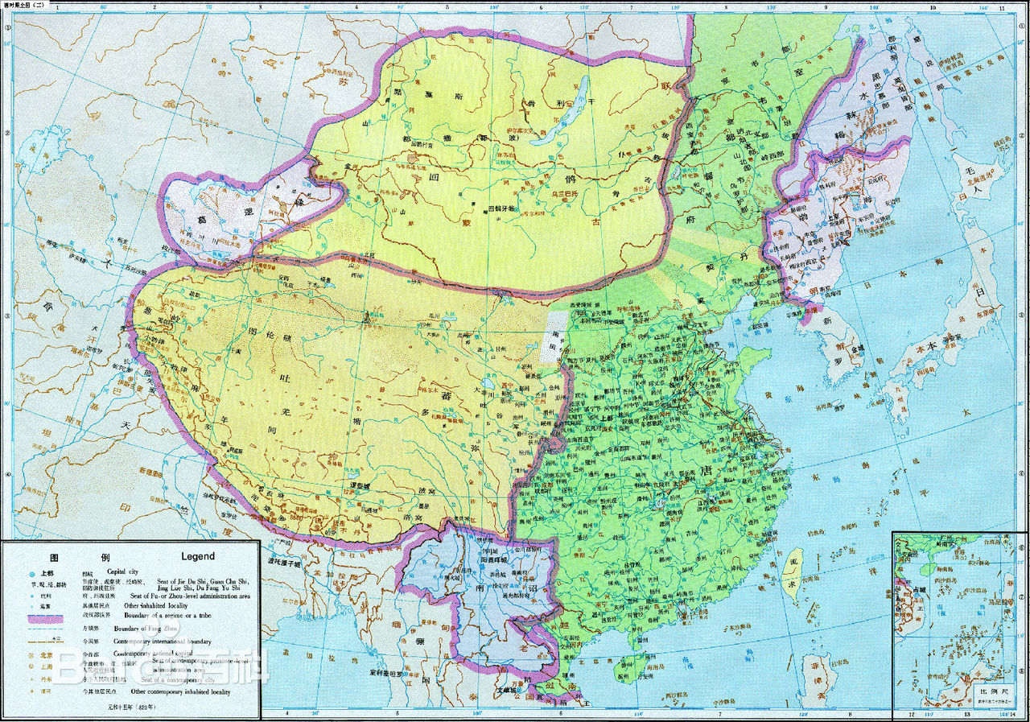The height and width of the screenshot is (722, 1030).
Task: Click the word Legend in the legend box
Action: point(198,556)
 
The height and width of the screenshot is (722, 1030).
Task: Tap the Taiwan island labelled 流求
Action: point(793,574)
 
